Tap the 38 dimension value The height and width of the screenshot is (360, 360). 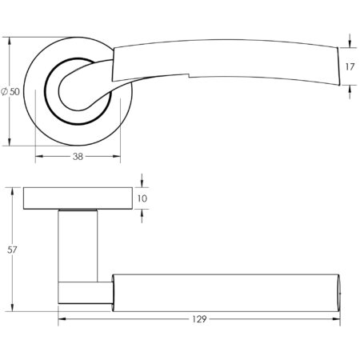[x=78, y=157]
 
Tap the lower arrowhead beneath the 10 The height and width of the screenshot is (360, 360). [x=141, y=211]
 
